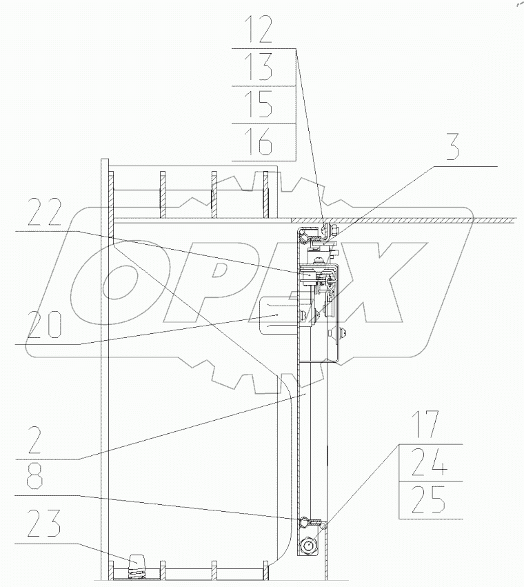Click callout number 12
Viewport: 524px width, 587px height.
click(259, 30)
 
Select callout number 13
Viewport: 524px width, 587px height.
click(259, 67)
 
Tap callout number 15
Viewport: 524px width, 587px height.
click(259, 104)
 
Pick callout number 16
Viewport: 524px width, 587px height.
click(259, 142)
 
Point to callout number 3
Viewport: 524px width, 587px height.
click(452, 147)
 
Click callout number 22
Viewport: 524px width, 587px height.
click(44, 212)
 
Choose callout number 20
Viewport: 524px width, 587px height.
click(44, 325)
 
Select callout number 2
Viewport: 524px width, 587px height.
click(34, 440)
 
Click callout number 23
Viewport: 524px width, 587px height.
click(43, 524)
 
